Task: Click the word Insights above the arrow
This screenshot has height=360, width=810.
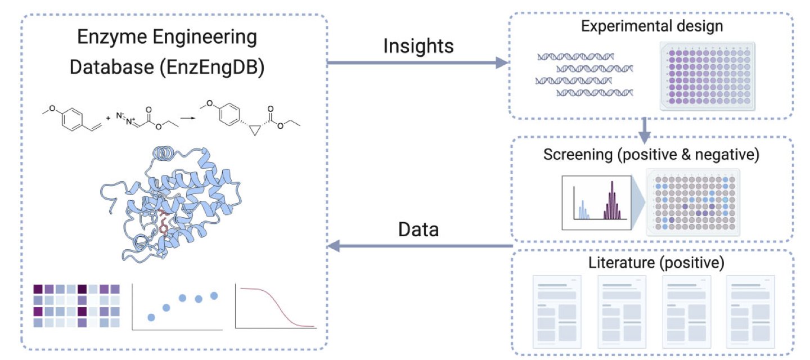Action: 418,46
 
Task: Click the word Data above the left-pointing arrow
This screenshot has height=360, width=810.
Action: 418,229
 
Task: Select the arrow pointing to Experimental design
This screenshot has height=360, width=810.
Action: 416,62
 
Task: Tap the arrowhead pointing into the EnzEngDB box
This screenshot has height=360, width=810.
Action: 334,245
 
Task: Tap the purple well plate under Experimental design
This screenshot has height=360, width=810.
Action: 707,76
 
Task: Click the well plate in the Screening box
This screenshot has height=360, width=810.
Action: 693,201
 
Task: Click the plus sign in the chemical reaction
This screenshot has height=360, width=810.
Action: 108,120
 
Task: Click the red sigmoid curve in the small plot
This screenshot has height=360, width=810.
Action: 276,307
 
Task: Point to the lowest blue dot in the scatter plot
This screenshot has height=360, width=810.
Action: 151,317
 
